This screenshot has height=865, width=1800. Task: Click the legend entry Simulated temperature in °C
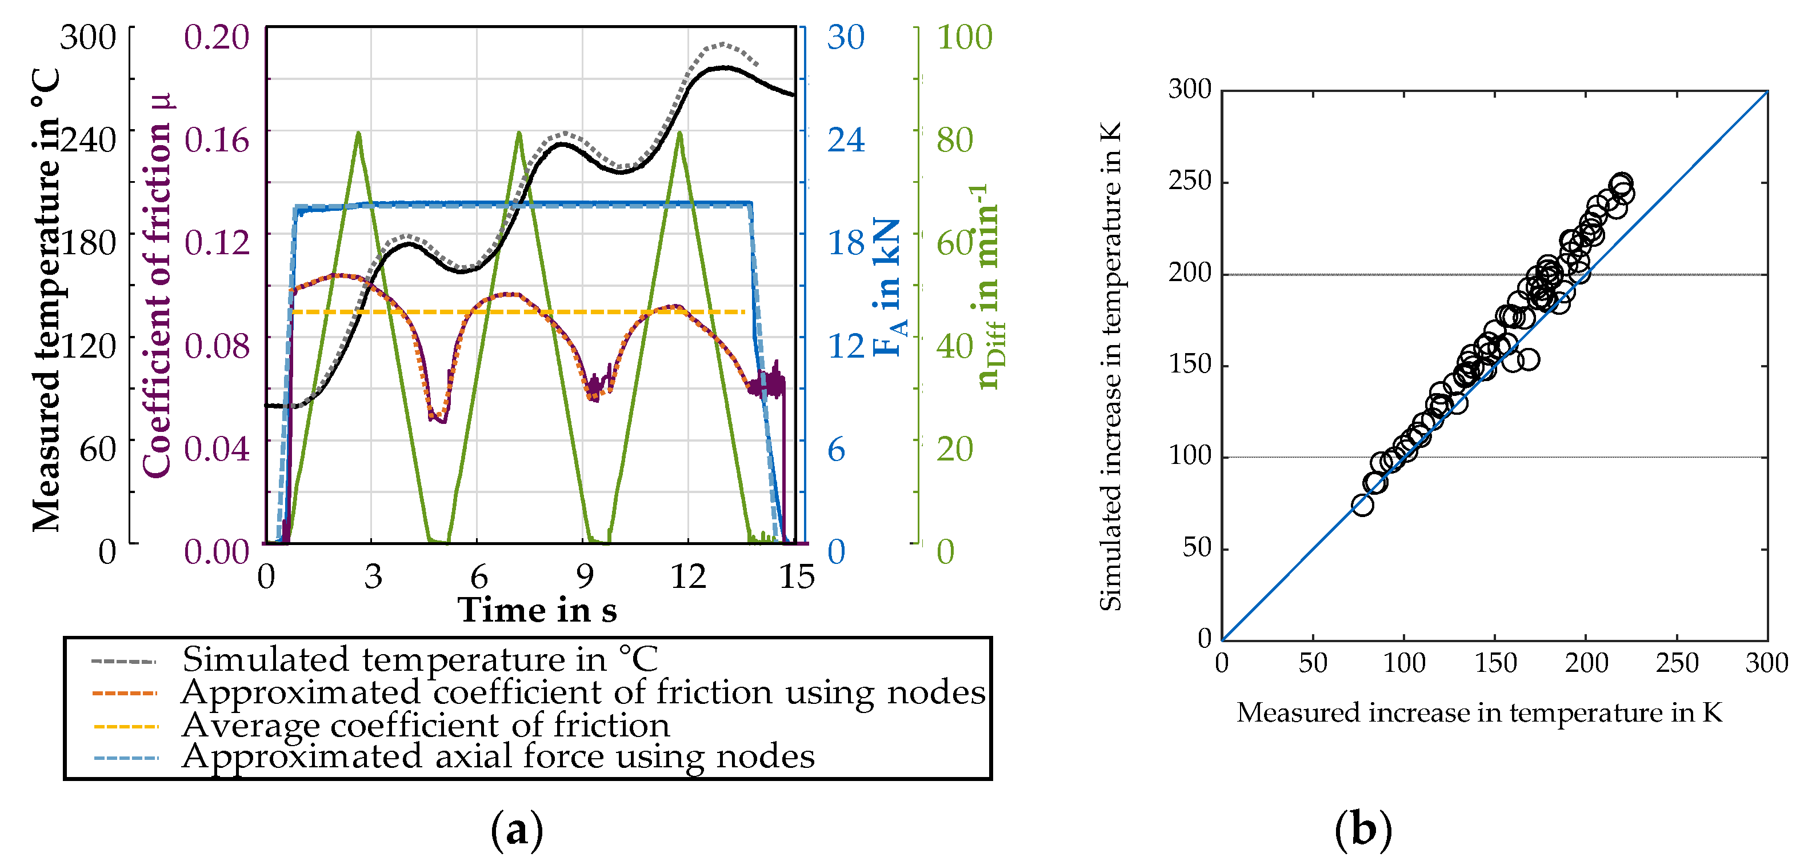[419, 659]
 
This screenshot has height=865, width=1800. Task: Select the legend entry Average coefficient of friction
[425, 725]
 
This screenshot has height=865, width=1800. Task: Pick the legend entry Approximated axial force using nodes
[498, 756]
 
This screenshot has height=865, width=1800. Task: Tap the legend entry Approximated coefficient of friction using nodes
[583, 692]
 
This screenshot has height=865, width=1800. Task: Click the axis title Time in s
[537, 610]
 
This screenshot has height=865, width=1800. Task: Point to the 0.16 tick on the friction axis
[216, 140]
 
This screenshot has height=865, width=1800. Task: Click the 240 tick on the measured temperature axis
[89, 140]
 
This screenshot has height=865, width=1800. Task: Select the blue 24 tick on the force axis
[846, 140]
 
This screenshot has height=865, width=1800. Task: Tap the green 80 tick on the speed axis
[954, 140]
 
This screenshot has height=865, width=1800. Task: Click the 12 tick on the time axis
[687, 577]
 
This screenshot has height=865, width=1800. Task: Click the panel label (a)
[517, 830]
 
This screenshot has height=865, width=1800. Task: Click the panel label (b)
[1363, 830]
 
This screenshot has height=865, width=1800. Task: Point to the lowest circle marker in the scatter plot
[1362, 505]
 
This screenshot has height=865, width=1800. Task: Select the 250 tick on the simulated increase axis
[1189, 181]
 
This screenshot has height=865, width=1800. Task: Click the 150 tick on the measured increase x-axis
[1495, 662]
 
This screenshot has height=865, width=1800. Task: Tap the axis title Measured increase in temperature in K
[1479, 712]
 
